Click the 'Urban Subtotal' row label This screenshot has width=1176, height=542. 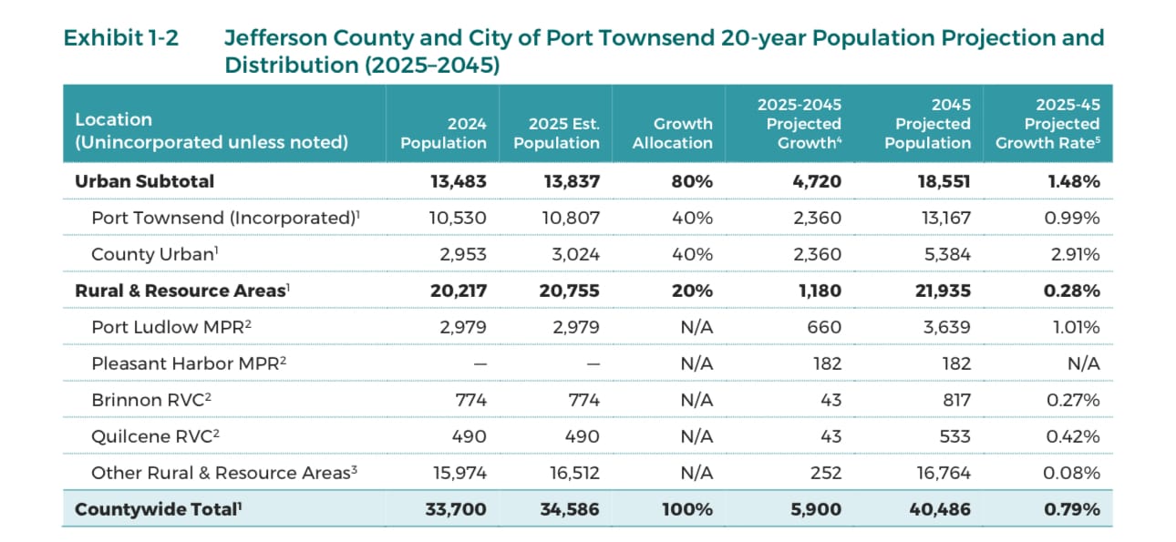pos(144,181)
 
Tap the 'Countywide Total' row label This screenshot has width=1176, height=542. pos(158,509)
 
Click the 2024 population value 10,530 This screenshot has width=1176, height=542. pos(458,218)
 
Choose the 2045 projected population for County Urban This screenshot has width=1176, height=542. pos(947,254)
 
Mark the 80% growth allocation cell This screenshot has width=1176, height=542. pos(692,181)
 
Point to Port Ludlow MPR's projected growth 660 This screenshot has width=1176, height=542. pos(824,327)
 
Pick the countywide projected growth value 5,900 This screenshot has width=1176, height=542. pos(816,509)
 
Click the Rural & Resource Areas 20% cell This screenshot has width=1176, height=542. pos(692,291)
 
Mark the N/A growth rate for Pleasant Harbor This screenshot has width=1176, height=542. pos(1084,363)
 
